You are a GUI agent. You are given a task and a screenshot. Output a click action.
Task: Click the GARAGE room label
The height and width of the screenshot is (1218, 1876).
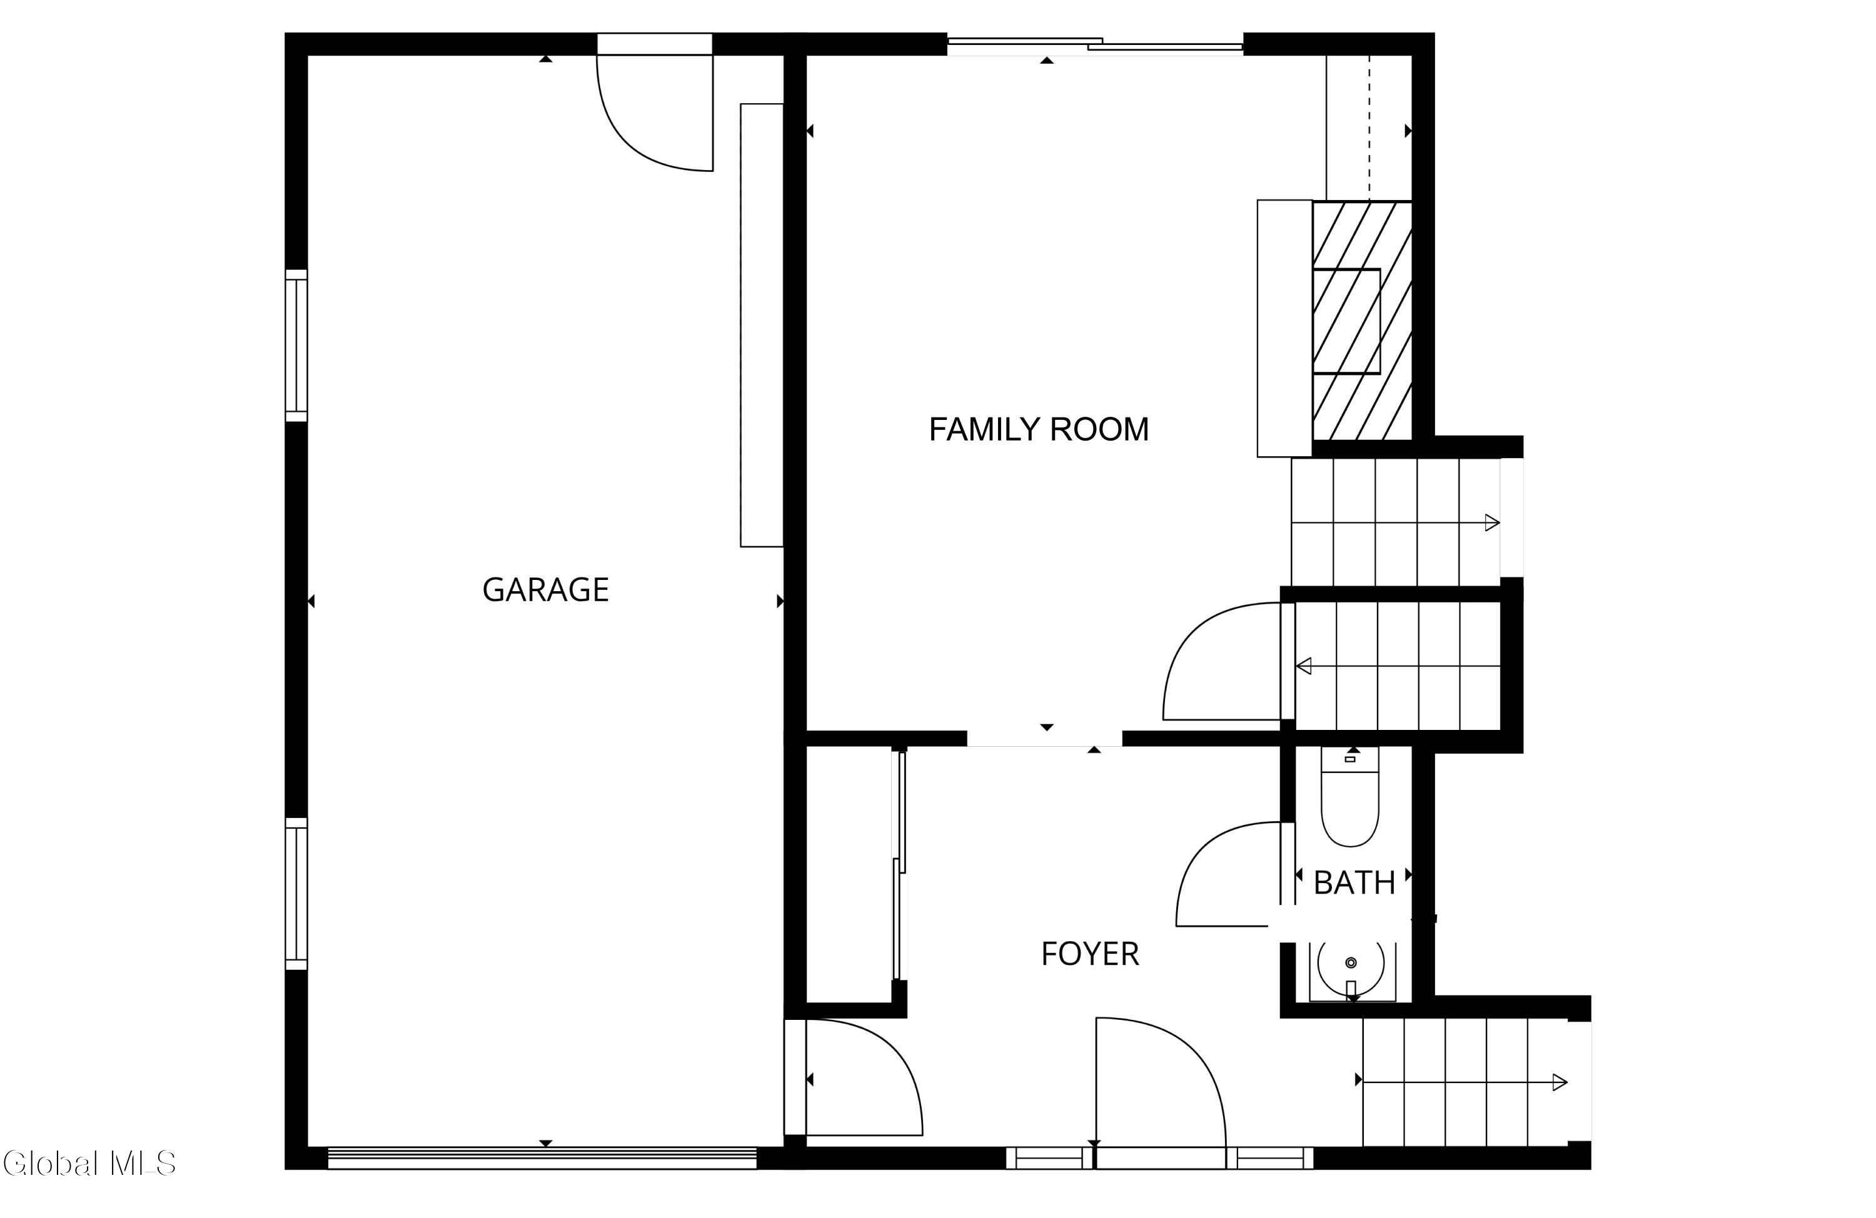pyautogui.click(x=545, y=590)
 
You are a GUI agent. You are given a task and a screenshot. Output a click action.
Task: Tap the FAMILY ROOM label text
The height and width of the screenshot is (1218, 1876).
pyautogui.click(x=1039, y=429)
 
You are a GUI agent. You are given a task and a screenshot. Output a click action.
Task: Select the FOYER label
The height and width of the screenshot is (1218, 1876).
pyautogui.click(x=1090, y=954)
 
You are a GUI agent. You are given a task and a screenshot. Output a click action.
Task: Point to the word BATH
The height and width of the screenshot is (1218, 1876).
pyautogui.click(x=1354, y=883)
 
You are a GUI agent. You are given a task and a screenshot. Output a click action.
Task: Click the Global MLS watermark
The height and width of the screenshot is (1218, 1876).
pyautogui.click(x=89, y=1164)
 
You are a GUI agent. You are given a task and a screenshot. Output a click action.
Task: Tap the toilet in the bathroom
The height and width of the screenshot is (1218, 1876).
pyautogui.click(x=1350, y=797)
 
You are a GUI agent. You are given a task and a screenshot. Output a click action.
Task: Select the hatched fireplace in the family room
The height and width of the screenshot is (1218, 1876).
pyautogui.click(x=1362, y=321)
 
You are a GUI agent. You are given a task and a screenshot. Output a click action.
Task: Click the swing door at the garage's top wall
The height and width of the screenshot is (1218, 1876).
pyautogui.click(x=655, y=112)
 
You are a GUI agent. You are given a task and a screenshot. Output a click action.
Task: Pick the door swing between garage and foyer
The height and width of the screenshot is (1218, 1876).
pyautogui.click(x=864, y=1077)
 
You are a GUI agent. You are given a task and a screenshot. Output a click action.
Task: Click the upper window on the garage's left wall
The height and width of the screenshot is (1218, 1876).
pyautogui.click(x=296, y=346)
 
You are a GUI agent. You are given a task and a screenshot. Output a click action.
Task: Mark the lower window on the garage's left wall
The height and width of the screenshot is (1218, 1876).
pyautogui.click(x=296, y=894)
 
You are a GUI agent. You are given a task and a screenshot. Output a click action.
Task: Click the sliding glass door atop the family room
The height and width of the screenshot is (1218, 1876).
pyautogui.click(x=1095, y=45)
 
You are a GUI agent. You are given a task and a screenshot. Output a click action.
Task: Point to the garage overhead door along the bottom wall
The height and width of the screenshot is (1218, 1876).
pyautogui.click(x=542, y=1157)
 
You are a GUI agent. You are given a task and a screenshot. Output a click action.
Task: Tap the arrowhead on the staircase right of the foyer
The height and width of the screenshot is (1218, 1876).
pyautogui.click(x=1560, y=1082)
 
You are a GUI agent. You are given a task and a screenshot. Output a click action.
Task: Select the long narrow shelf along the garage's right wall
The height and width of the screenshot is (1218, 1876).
pyautogui.click(x=762, y=324)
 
